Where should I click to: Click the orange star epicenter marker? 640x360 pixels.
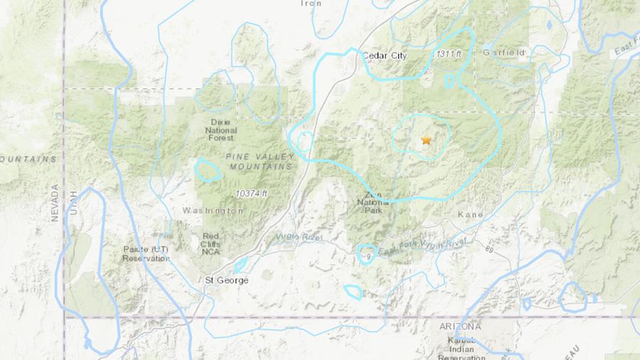coord(426,141)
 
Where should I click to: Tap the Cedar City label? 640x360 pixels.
coord(384,55)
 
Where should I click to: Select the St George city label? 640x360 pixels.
coord(227,280)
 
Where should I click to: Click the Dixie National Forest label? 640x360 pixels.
coord(221,129)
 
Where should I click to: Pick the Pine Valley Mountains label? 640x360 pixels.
coord(259,161)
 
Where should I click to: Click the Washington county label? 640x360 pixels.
coord(213,211)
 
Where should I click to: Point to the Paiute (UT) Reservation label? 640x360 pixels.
coord(146,254)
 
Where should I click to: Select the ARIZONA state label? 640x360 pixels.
coord(460,326)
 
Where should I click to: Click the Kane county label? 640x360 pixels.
coord(470,214)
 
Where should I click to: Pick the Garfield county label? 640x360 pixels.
coord(503,53)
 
